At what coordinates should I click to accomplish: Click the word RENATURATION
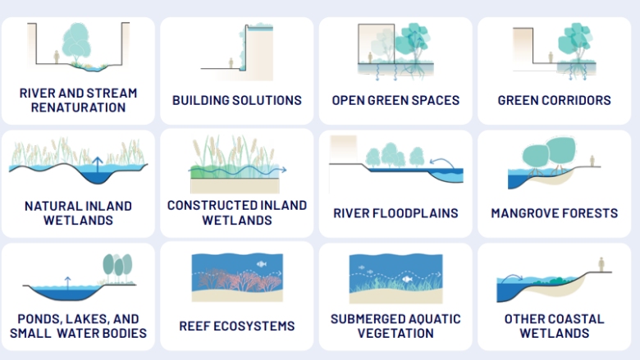pyautogui.click(x=78, y=107)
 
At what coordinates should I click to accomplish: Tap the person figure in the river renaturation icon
pyautogui.click(x=56, y=57)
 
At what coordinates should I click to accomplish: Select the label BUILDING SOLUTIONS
pyautogui.click(x=237, y=100)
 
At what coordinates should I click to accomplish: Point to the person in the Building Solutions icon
pyautogui.click(x=232, y=62)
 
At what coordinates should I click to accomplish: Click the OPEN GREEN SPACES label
pyautogui.click(x=395, y=100)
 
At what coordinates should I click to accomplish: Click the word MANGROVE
pyautogui.click(x=525, y=213)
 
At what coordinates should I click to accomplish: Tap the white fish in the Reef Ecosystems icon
pyautogui.click(x=261, y=264)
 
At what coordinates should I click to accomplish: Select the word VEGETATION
pyautogui.click(x=395, y=334)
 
